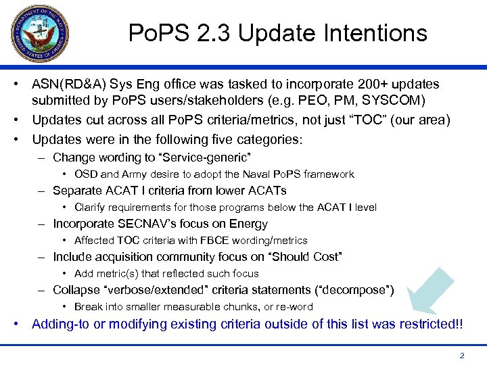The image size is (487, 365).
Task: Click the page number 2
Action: tap(461, 355)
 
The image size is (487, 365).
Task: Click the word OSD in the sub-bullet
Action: tap(86, 174)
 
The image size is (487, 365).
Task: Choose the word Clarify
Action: tap(90, 208)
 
